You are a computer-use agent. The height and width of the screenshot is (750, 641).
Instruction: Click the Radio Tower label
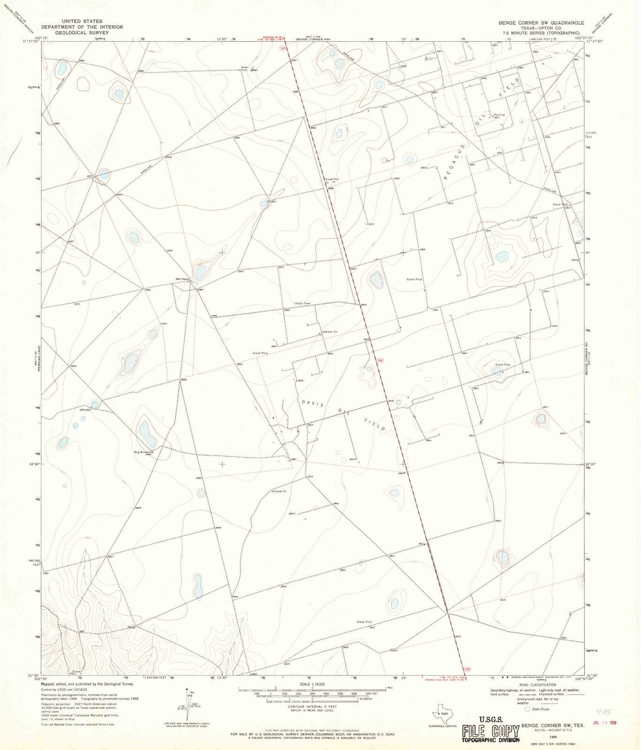[x=303, y=303]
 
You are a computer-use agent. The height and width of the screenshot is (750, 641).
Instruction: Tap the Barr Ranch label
[x=182, y=279]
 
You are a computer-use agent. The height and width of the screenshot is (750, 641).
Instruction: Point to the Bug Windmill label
[x=143, y=452]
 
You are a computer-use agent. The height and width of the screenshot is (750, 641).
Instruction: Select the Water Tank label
[x=244, y=68]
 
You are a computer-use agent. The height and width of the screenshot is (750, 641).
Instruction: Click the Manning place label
[x=499, y=115]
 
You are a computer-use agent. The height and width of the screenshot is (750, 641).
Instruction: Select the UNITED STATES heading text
[x=82, y=22]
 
